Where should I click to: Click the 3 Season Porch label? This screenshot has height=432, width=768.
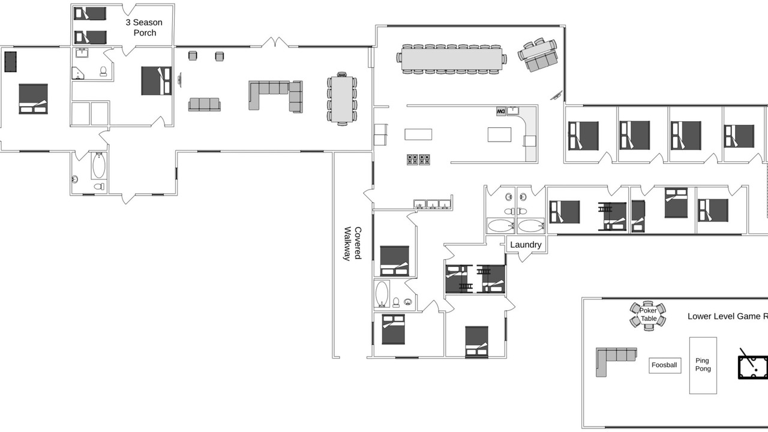click(x=144, y=28)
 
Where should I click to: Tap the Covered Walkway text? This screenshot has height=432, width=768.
click(x=352, y=244)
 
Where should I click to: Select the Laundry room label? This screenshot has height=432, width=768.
click(x=526, y=245)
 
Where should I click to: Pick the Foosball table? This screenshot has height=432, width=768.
click(x=665, y=365)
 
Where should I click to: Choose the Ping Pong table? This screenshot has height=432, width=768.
click(x=703, y=365)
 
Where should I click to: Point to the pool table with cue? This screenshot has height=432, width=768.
click(x=753, y=366)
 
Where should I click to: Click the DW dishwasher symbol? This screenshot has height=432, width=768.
click(x=501, y=111)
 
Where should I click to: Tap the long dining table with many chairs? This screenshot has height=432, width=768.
click(x=452, y=59)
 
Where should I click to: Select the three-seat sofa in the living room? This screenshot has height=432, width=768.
click(x=205, y=104)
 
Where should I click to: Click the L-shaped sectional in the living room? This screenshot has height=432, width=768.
click(x=275, y=95)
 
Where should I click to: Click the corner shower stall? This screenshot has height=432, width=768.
click(x=77, y=73)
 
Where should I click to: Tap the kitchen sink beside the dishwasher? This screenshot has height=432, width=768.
click(x=513, y=111)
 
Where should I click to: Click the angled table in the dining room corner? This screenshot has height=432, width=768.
click(x=538, y=55)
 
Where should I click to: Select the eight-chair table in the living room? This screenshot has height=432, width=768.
click(x=342, y=99)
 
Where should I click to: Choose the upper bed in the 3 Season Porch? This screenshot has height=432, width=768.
click(x=90, y=14)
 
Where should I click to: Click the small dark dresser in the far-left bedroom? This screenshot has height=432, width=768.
click(x=11, y=62)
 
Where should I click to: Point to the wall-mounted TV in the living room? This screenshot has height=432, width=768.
click(x=179, y=80)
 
